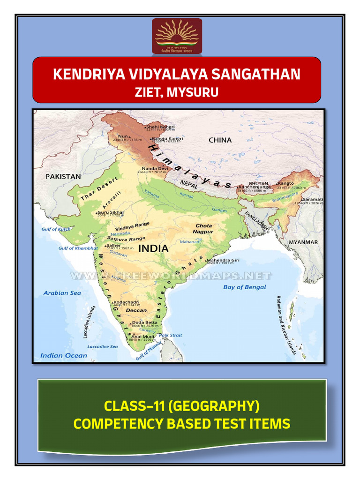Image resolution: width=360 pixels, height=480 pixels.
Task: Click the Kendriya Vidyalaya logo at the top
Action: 177,36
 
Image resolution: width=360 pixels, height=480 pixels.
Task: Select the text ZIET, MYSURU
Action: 177,92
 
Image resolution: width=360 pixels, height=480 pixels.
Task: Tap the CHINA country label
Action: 220,140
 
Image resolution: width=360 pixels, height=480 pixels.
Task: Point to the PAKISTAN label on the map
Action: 63,177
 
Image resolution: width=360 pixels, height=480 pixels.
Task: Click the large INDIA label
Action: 153,249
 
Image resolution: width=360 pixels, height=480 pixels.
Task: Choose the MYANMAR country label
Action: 303,242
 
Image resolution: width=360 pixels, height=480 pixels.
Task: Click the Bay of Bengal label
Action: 244,287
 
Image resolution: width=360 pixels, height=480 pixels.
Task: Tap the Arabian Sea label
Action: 62,293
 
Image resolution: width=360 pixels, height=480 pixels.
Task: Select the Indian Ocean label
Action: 64,355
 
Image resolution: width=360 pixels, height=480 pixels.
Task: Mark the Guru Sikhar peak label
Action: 111,212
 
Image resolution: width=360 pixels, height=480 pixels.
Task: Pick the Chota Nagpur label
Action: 204,228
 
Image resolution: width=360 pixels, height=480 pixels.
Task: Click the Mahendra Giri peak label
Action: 224,260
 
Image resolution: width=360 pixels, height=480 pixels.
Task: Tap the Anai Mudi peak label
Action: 142,336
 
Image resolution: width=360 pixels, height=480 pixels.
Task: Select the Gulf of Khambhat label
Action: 76,248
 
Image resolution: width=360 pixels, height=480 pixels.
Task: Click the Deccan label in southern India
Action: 136,310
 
